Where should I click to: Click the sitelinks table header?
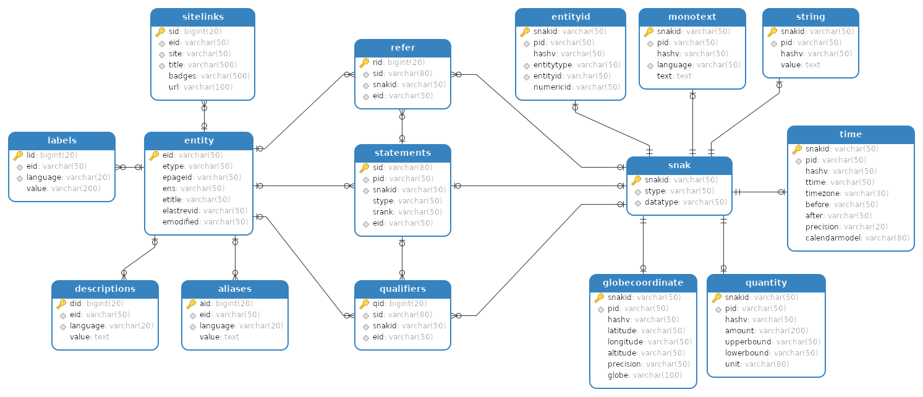click(x=203, y=17)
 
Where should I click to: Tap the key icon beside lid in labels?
click(x=18, y=155)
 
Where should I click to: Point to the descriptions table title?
click(x=105, y=289)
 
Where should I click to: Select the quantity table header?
click(x=766, y=283)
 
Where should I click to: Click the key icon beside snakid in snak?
click(x=636, y=180)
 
